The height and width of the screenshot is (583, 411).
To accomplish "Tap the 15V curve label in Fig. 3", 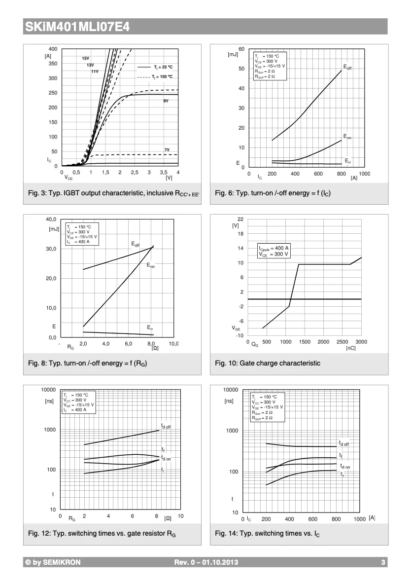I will click(x=85, y=58).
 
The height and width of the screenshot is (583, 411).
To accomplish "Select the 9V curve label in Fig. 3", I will click(x=166, y=101).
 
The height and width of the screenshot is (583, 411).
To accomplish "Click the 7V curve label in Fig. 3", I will click(x=167, y=149).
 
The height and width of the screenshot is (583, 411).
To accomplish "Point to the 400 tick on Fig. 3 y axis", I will click(x=53, y=49).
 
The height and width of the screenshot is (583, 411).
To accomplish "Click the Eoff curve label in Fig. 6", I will click(x=347, y=67).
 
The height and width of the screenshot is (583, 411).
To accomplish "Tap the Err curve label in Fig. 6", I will click(x=347, y=161).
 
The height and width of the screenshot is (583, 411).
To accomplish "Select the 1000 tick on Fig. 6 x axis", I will click(x=364, y=174).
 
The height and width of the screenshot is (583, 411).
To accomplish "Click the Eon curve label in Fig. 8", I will click(x=150, y=265).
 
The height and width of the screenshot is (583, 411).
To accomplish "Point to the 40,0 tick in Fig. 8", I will click(x=51, y=219).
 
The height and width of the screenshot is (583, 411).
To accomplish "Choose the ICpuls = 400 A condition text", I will click(x=274, y=248).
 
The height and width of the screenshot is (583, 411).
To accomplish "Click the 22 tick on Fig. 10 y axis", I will click(x=240, y=219).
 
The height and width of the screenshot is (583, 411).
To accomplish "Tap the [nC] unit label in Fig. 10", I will click(x=350, y=348).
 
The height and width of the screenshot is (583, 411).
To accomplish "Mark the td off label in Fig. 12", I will click(x=166, y=426).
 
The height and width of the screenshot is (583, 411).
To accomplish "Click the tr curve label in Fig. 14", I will click(x=342, y=474).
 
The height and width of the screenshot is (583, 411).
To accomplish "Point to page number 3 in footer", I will click(x=383, y=562).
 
